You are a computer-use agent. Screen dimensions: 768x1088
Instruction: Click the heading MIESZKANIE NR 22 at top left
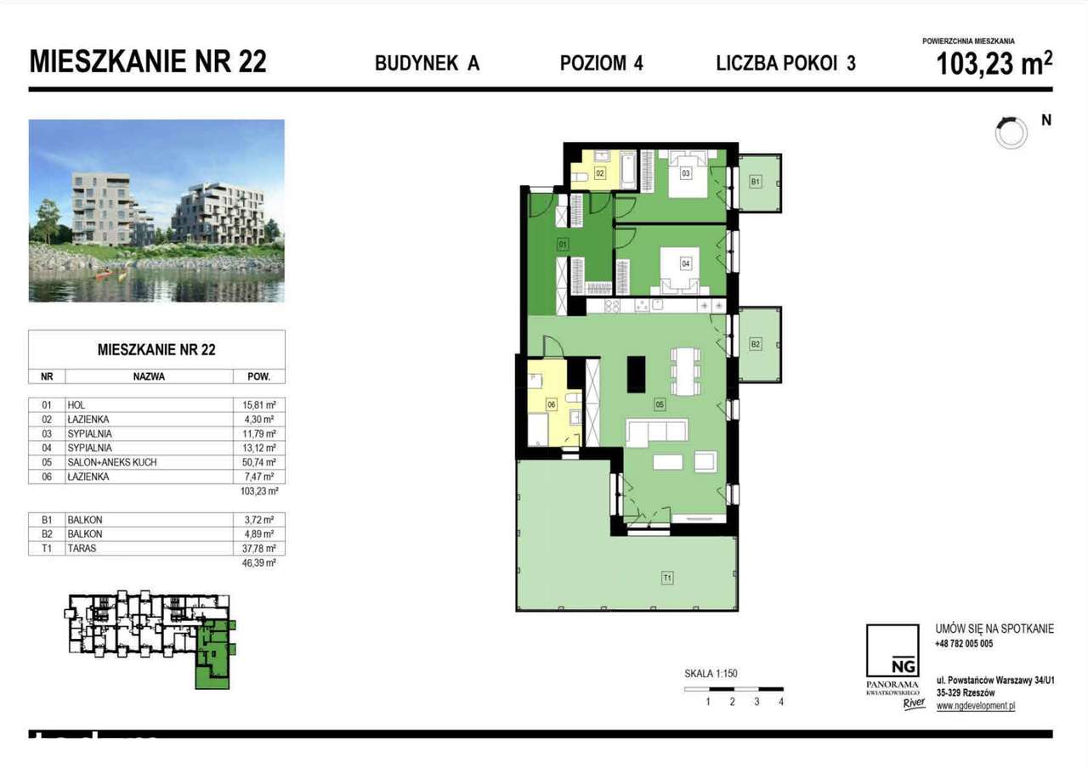coord(148,62)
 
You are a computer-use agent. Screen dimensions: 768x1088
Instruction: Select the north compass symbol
coord(1011,132)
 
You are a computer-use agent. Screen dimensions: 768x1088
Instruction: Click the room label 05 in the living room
coord(659,405)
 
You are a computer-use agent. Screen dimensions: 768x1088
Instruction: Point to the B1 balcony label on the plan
coord(755,182)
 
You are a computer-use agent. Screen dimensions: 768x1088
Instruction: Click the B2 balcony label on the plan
coord(755,344)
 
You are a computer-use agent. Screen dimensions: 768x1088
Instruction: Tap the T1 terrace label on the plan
coord(667,579)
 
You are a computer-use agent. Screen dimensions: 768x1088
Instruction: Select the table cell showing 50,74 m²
coord(258,462)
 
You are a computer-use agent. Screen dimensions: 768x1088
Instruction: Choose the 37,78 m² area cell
coord(258,548)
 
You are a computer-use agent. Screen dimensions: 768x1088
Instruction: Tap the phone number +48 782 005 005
coord(964,644)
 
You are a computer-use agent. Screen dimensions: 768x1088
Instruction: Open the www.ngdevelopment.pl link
coord(976,705)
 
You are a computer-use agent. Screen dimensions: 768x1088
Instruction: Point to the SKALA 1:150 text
coord(711,674)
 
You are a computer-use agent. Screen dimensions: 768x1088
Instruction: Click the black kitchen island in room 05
coord(636,374)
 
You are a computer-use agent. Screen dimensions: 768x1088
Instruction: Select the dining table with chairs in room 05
coord(684,370)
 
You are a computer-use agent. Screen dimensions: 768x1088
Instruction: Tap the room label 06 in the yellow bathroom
coord(551,405)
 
